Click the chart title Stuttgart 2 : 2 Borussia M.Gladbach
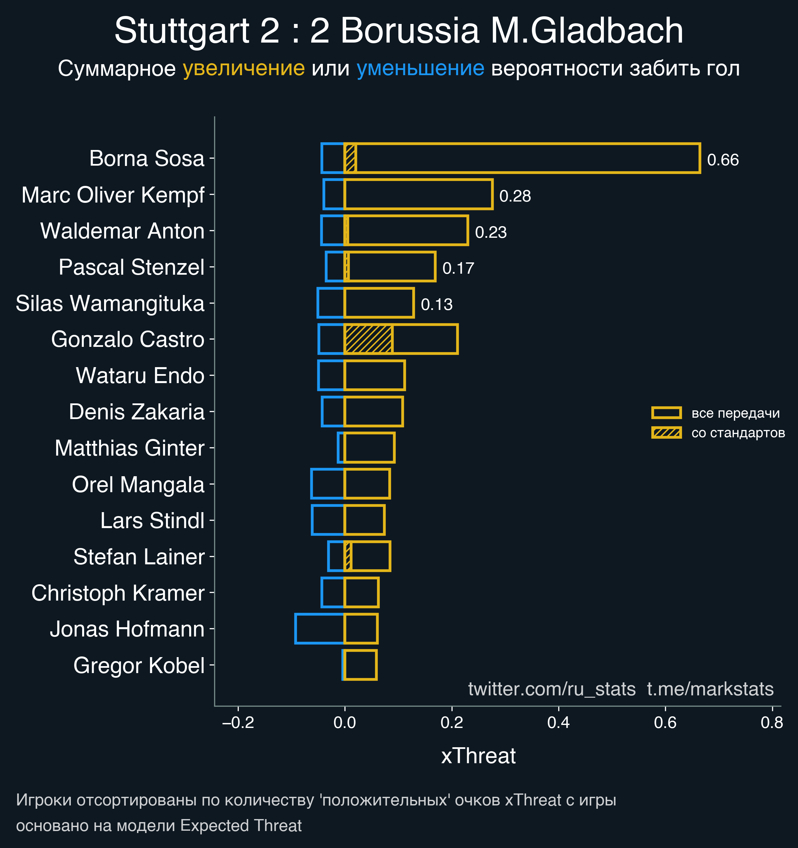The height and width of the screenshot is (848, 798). [x=399, y=31]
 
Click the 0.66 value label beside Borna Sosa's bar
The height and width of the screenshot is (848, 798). [x=723, y=160]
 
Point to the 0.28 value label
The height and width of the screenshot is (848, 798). [x=515, y=196]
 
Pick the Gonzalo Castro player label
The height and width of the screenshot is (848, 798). [x=128, y=340]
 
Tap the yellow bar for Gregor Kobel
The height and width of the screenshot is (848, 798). [x=360, y=664]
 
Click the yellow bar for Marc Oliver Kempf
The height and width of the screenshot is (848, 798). [x=418, y=195]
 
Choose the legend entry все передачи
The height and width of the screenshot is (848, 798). [x=735, y=413]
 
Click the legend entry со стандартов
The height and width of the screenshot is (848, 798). [x=738, y=433]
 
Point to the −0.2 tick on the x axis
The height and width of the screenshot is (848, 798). [x=238, y=723]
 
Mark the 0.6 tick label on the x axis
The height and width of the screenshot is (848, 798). [x=665, y=723]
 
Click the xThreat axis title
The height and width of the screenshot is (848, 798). [x=478, y=756]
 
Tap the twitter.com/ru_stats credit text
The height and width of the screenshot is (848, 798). [x=552, y=689]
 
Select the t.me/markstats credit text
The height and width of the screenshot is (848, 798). [x=710, y=689]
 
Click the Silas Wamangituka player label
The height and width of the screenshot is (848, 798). [x=110, y=303]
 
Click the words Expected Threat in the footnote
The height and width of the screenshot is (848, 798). [x=241, y=826]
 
